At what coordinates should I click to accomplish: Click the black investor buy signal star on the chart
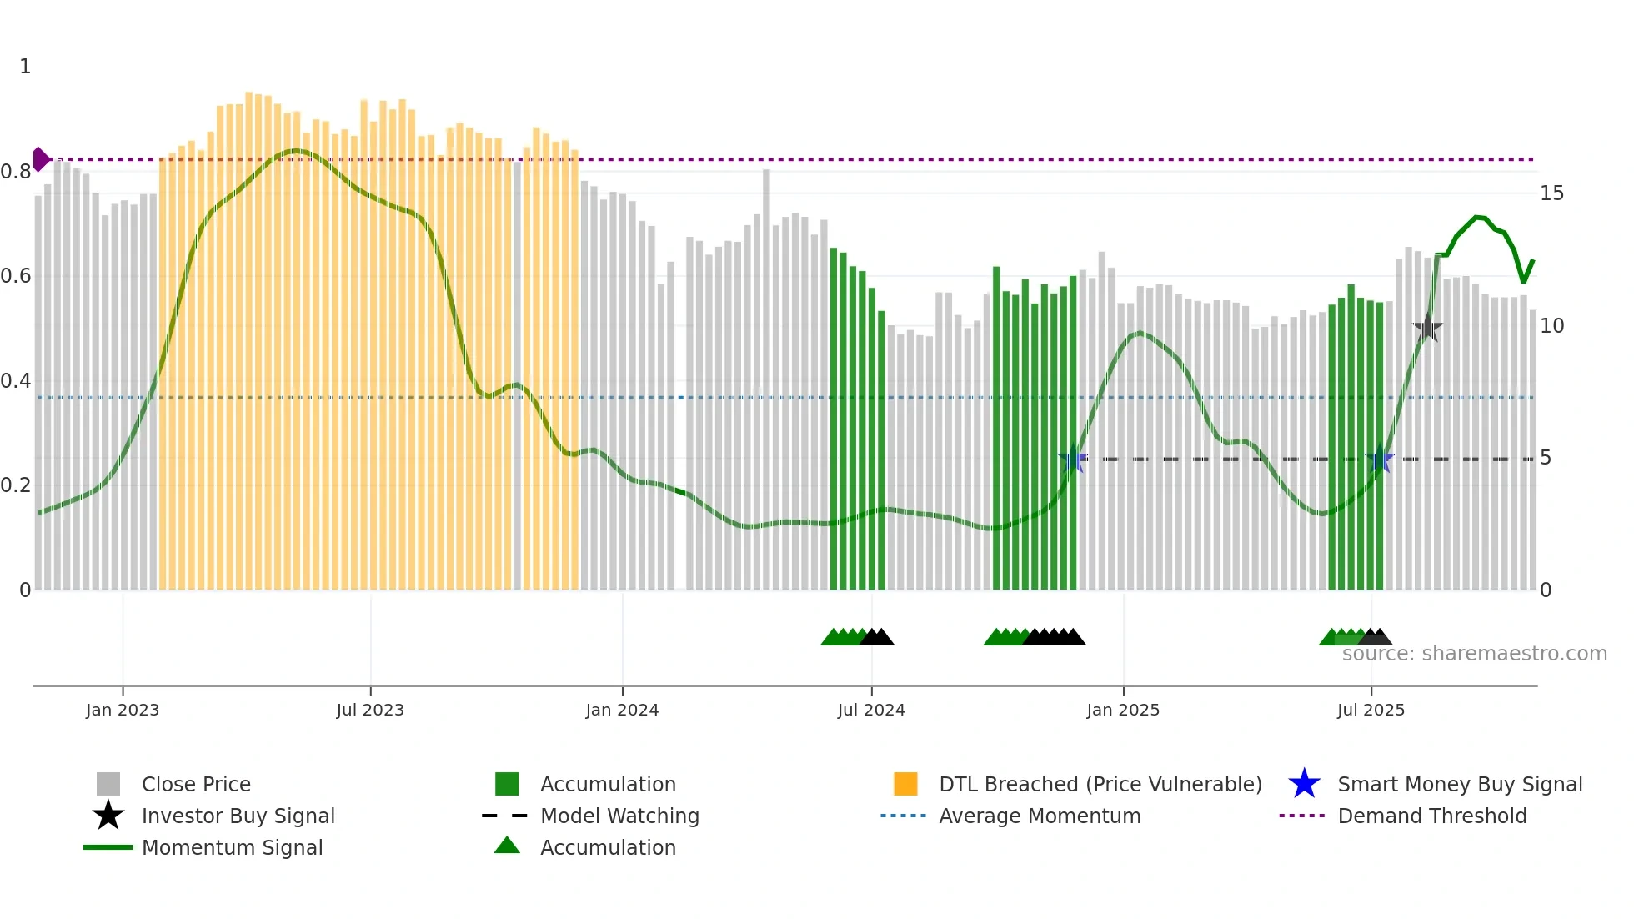(1427, 328)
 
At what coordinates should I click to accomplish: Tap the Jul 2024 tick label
(870, 710)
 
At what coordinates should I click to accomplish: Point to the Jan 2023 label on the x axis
(122, 710)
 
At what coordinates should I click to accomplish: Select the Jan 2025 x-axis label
(1122, 710)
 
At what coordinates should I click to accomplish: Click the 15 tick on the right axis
(1551, 193)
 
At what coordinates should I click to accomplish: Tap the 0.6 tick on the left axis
(16, 276)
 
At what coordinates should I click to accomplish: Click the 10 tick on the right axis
(1551, 326)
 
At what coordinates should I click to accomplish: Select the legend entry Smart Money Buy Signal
(1459, 784)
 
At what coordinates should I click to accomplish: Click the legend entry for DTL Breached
(1100, 784)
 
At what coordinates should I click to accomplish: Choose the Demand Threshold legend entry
(1431, 816)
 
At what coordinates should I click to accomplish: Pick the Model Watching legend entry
(619, 816)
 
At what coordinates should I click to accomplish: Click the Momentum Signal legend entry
(232, 847)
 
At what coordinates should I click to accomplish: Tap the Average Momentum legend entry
(1039, 816)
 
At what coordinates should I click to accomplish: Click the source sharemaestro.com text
(1474, 654)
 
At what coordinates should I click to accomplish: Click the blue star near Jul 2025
(1380, 459)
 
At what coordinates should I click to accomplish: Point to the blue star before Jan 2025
(1073, 459)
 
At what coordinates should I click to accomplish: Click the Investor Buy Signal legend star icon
(108, 816)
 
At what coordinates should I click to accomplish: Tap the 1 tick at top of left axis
(25, 67)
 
